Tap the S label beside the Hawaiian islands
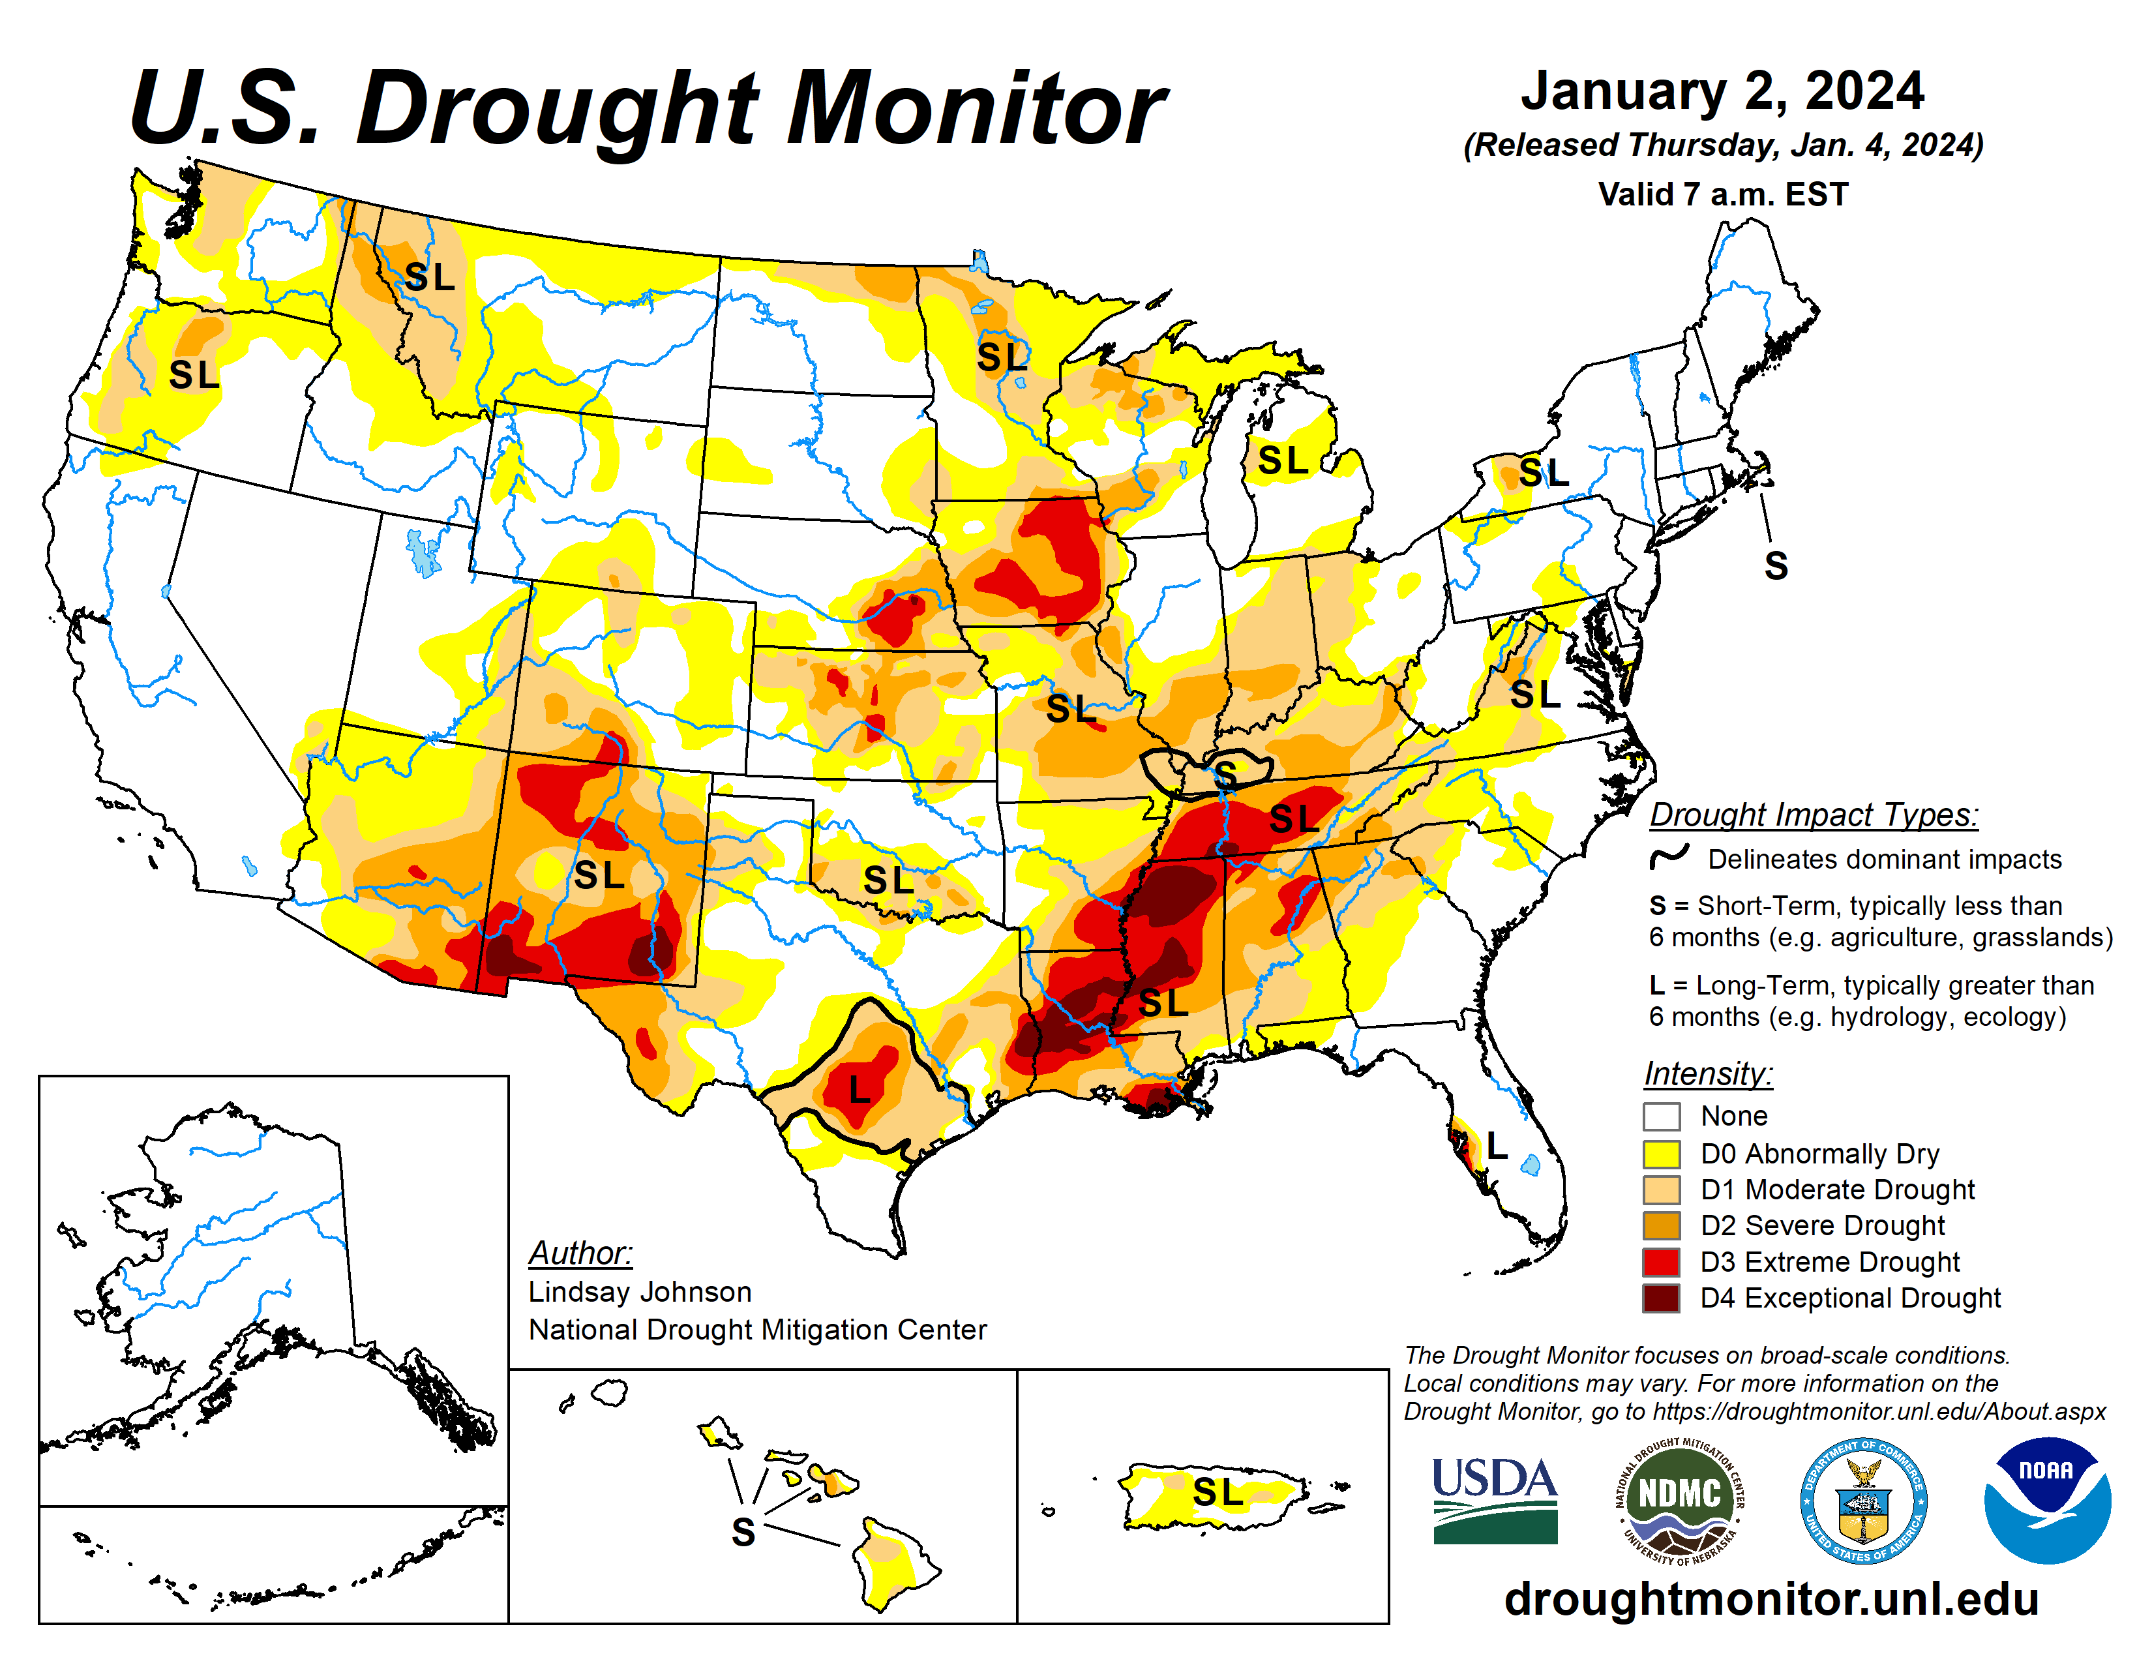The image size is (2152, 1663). coord(743,1532)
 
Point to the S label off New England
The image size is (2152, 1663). coord(1776,565)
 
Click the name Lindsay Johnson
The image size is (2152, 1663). coord(640,1291)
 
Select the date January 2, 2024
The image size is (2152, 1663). coord(1722,91)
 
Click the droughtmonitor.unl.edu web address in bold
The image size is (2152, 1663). coord(1771,1598)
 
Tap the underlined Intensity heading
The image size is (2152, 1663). coord(1708,1073)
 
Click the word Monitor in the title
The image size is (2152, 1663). coord(976,108)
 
